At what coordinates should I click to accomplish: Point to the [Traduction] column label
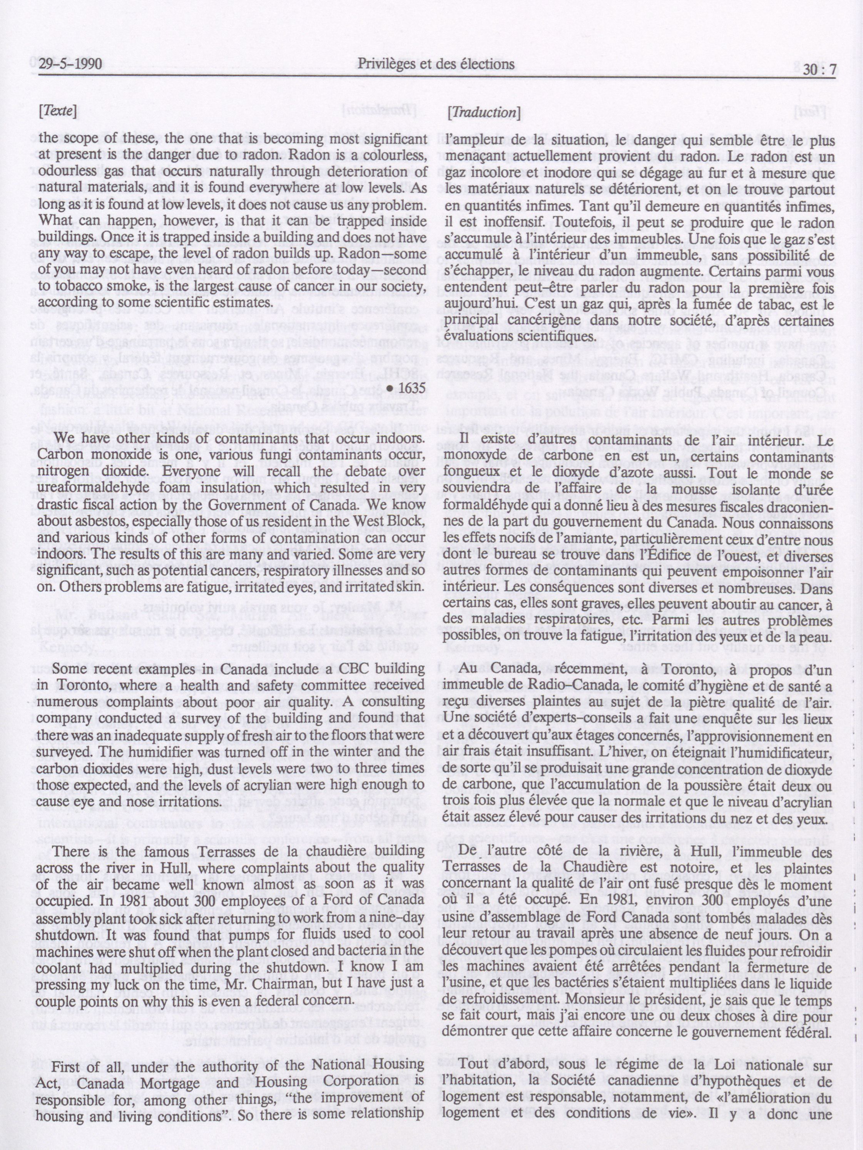484,112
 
